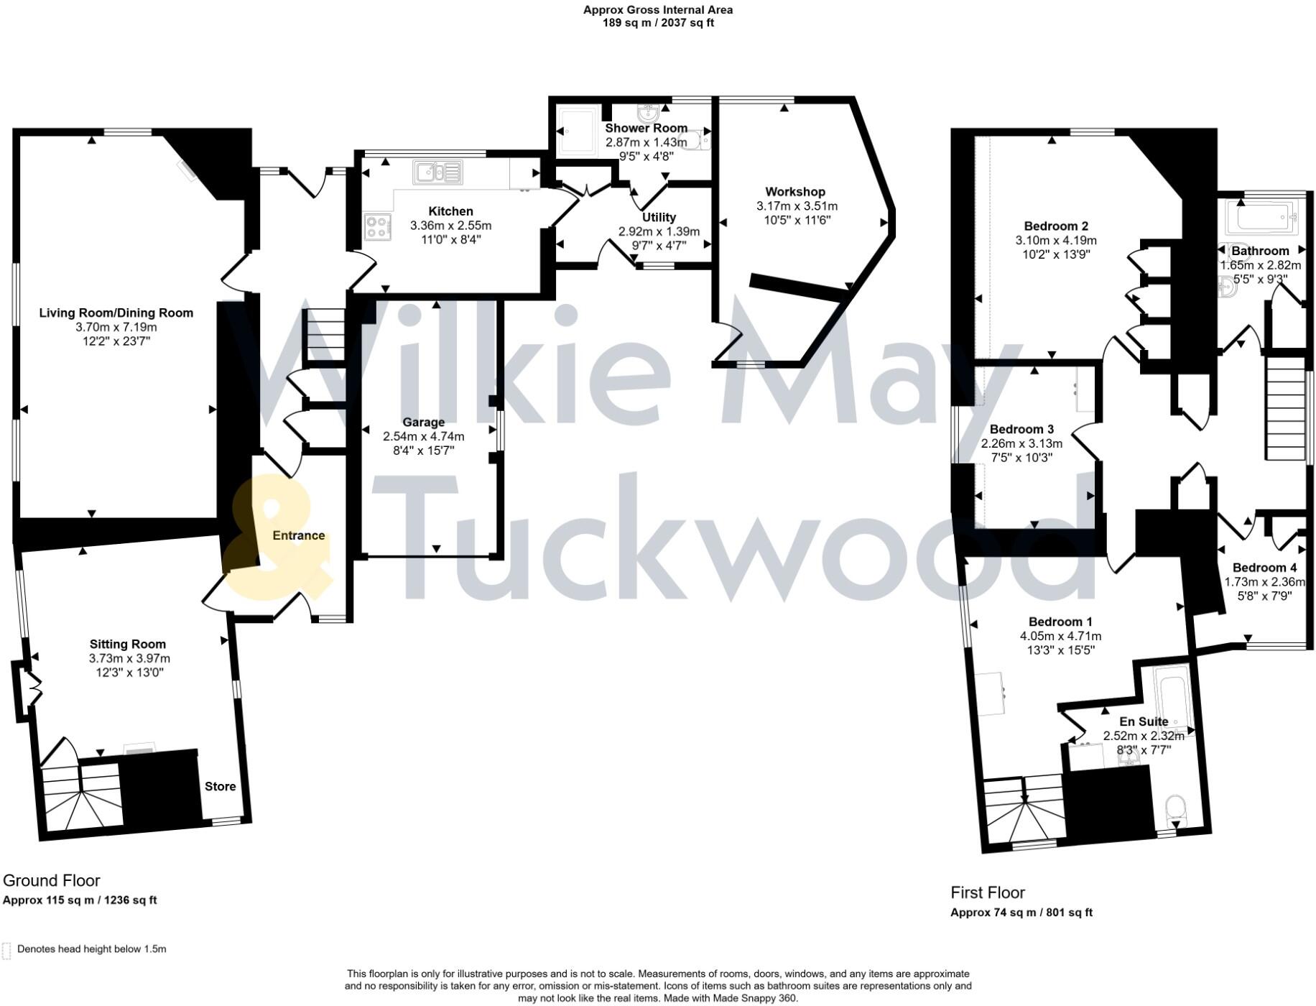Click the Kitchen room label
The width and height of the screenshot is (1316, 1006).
(450, 211)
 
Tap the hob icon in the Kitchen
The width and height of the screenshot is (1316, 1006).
(378, 227)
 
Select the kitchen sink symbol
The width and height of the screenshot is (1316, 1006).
(437, 172)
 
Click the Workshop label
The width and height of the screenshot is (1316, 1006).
(795, 192)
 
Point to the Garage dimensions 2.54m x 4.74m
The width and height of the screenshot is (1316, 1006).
(423, 436)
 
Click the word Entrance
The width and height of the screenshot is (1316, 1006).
(299, 535)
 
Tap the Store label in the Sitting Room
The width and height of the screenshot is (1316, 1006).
(220, 786)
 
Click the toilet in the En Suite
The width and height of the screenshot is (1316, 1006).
(1176, 808)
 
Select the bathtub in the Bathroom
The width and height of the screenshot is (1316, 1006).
(1261, 215)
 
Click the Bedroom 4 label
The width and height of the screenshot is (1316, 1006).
(1264, 568)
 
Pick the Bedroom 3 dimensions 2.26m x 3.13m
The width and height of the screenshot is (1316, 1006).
(1021, 443)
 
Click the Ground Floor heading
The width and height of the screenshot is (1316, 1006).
(52, 880)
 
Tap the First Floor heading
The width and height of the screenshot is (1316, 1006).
(988, 892)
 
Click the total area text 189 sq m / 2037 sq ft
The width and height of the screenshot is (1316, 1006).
(658, 23)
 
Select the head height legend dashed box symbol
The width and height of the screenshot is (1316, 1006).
(7, 950)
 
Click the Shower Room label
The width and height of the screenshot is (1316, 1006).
(646, 128)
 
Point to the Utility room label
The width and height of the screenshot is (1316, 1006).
(659, 217)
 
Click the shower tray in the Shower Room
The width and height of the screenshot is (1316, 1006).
(578, 131)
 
